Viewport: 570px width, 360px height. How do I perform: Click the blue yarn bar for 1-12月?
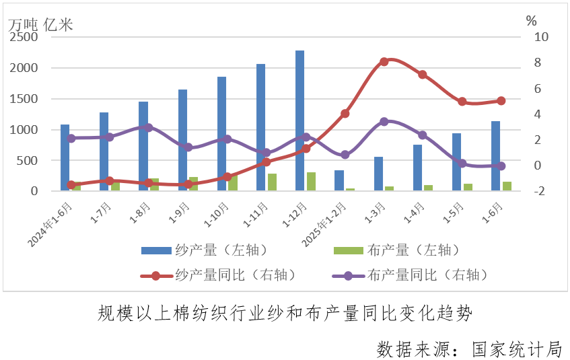click(299, 121)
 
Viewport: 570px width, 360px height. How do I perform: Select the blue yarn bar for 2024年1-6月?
click(65, 157)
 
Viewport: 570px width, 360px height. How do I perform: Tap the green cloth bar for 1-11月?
click(272, 182)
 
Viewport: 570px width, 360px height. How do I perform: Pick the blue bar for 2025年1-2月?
click(339, 180)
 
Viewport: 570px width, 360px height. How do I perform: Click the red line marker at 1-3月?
click(384, 62)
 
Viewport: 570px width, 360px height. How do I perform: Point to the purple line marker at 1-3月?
click(384, 122)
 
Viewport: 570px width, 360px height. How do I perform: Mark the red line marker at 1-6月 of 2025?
click(501, 101)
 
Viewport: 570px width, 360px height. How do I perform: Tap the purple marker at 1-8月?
click(149, 127)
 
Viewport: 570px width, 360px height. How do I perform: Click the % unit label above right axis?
click(532, 21)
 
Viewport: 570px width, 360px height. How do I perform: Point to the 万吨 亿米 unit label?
click(40, 24)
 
